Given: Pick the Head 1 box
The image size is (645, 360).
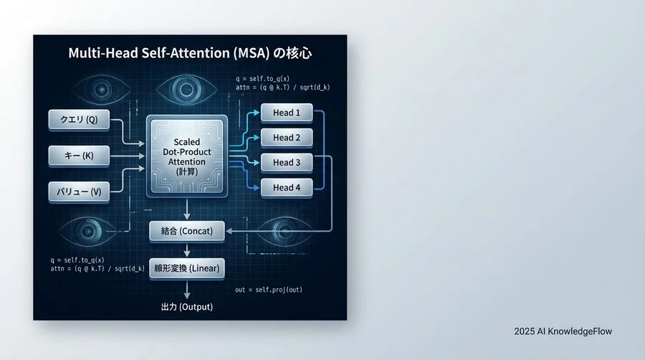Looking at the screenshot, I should tap(287, 113).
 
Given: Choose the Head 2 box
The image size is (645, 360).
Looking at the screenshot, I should tap(287, 138).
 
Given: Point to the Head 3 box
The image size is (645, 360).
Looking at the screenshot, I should tap(287, 163).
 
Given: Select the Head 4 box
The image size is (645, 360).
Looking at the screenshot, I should tap(287, 188).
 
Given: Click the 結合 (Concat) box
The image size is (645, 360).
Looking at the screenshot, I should tap(187, 231).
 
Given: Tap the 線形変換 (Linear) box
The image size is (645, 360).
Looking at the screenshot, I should tap(187, 269).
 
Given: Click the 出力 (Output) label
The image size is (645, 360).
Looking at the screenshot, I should tap(187, 307).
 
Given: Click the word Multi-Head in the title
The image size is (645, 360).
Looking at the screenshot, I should tap(100, 53).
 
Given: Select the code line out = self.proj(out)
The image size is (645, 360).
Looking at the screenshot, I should tap(269, 290).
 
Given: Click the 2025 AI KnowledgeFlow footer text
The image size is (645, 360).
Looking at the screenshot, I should tap(563, 331).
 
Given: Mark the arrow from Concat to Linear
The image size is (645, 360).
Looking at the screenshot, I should tap(187, 250).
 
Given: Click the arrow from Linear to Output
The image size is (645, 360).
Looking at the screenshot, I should tap(187, 288).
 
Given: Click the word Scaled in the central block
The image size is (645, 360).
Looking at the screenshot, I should tap(187, 143).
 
